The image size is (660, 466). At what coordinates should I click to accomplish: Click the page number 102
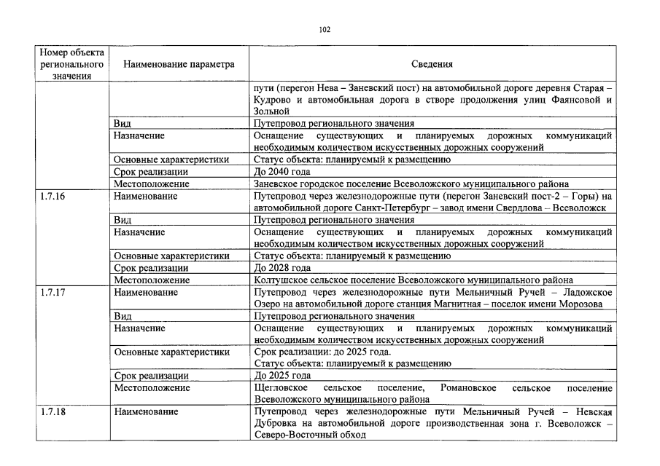(325, 30)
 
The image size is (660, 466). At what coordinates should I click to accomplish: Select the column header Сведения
(432, 64)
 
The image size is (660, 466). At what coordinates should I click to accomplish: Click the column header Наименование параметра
(179, 64)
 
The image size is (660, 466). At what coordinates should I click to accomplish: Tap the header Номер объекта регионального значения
(71, 64)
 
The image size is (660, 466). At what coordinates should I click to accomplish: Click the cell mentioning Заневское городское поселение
(411, 184)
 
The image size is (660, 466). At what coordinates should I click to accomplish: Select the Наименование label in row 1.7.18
(146, 411)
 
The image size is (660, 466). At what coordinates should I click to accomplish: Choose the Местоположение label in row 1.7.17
(150, 387)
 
